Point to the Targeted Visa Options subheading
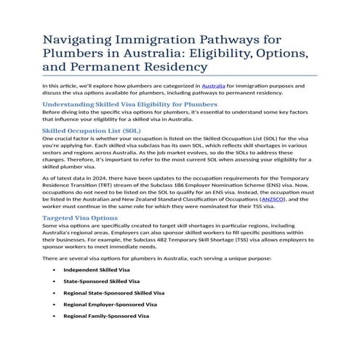point(80,217)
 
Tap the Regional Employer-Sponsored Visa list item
point(110,305)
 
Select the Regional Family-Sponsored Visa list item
point(105,317)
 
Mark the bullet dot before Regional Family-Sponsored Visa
point(55,317)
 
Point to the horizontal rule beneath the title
point(180,76)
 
